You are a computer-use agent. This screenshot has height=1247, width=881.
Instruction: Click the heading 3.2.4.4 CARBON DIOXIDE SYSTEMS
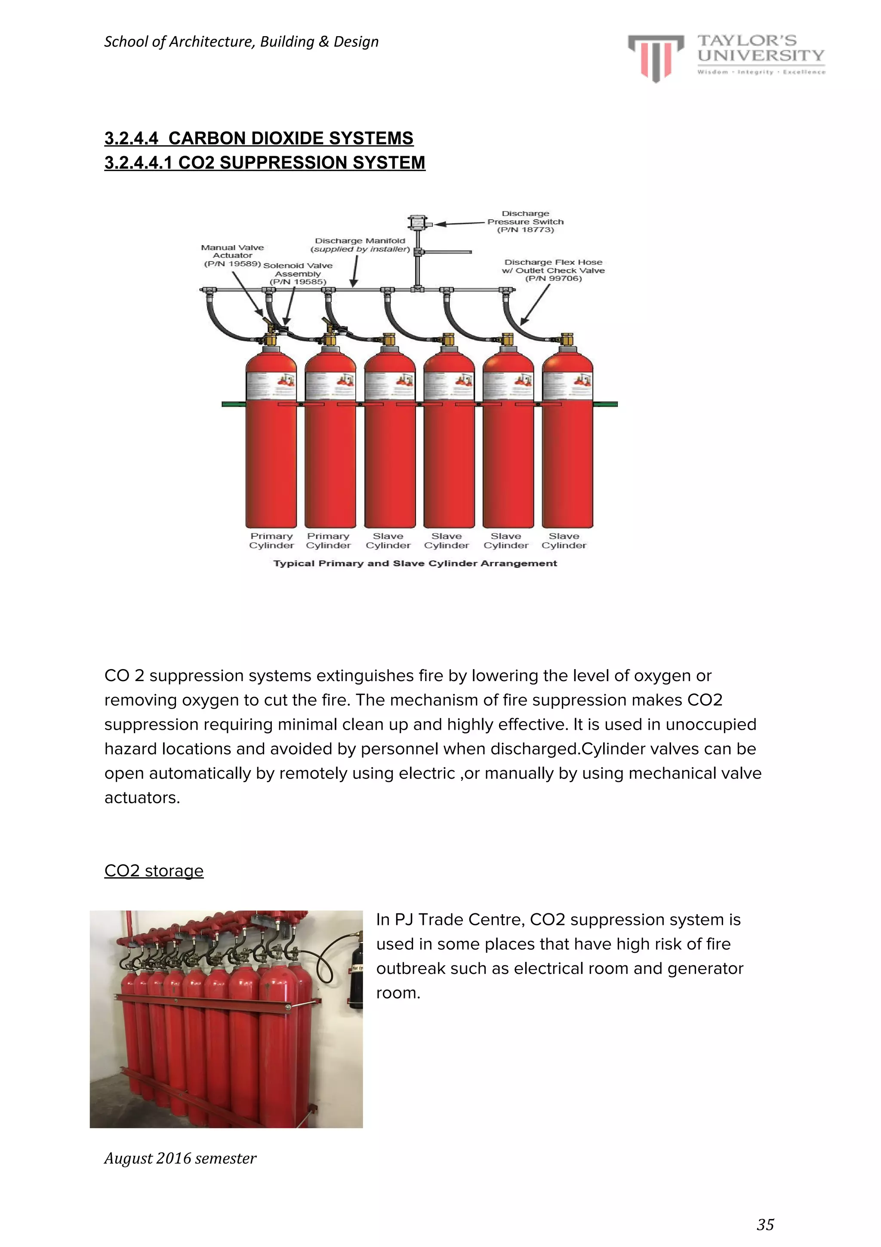click(x=259, y=138)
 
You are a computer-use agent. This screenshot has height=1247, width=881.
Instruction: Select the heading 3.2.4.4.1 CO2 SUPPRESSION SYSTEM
click(x=265, y=163)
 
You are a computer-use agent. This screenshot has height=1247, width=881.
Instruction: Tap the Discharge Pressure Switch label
click(x=525, y=221)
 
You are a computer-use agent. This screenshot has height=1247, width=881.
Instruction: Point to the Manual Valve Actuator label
click(x=233, y=255)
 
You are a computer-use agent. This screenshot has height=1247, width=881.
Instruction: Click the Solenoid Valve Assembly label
click(x=298, y=273)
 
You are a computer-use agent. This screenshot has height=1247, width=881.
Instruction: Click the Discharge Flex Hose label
click(x=553, y=270)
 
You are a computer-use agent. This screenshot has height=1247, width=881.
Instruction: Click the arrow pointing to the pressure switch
click(x=459, y=223)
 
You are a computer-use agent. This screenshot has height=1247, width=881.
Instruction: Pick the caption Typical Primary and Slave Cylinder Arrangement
click(x=415, y=563)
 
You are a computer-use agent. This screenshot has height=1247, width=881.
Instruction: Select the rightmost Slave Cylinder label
click(x=564, y=541)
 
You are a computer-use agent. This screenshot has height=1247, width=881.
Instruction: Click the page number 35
click(x=765, y=1224)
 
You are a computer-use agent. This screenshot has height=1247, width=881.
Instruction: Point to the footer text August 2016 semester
click(x=180, y=1158)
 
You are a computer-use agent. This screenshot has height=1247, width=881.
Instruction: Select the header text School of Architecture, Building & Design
click(x=241, y=42)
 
